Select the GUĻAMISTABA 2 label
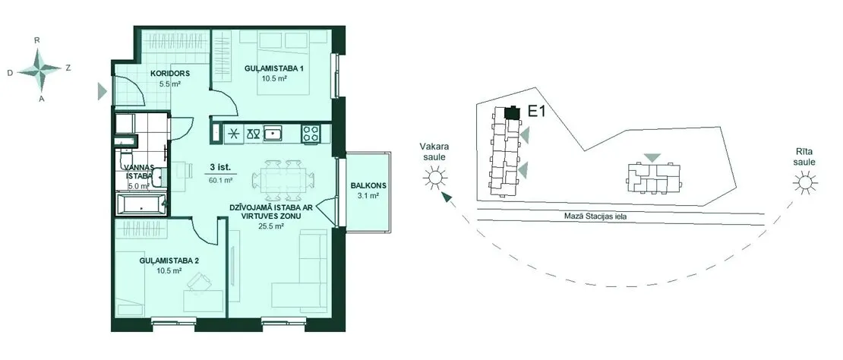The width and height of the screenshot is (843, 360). pyautogui.click(x=169, y=261)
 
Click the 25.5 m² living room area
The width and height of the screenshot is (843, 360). pyautogui.click(x=271, y=226)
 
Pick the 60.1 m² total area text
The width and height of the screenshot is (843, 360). pyautogui.click(x=220, y=181)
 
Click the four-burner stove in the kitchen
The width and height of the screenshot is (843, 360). pyautogui.click(x=311, y=133)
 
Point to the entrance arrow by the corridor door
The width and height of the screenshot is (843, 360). pyautogui.click(x=103, y=91)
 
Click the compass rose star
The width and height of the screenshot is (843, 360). pyautogui.click(x=39, y=69)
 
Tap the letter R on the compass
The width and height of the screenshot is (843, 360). pyautogui.click(x=36, y=40)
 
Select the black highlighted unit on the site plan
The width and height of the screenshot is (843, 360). pyautogui.click(x=513, y=113)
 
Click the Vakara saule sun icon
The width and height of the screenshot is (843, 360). pyautogui.click(x=435, y=177)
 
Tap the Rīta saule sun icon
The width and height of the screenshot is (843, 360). pyautogui.click(x=805, y=183)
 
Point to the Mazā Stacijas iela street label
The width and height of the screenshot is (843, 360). pyautogui.click(x=595, y=216)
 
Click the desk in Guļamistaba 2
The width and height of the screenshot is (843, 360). pyautogui.click(x=204, y=300)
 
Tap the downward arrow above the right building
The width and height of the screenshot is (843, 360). pyautogui.click(x=652, y=157)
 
